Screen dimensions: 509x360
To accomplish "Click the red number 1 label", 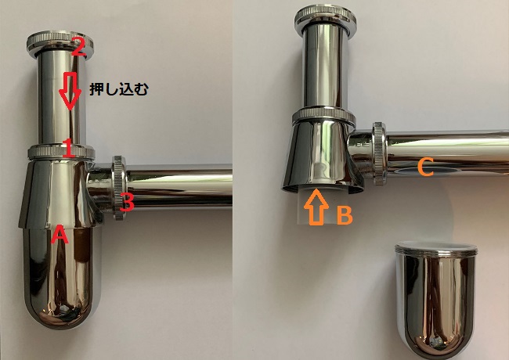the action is [x=68, y=148].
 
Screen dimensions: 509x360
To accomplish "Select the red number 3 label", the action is [x=127, y=202].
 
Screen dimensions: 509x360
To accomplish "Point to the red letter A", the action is [x=60, y=234].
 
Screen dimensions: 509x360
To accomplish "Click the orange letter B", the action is [x=345, y=215].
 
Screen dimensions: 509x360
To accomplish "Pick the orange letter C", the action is [x=425, y=167].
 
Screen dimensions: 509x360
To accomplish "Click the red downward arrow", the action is [x=70, y=91].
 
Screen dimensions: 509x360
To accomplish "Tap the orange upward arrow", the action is [x=316, y=207].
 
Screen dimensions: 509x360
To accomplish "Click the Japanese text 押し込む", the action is [x=119, y=89].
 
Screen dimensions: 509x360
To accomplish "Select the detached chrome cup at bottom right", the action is [x=435, y=299].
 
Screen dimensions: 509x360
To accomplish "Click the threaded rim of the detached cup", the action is [x=436, y=249].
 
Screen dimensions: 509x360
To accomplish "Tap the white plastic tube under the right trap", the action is [x=314, y=204].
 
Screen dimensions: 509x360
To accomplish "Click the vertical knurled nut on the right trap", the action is [x=379, y=153].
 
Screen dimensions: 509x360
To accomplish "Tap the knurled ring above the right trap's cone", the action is [x=323, y=117].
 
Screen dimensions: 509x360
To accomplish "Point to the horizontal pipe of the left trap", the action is [x=179, y=185].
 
